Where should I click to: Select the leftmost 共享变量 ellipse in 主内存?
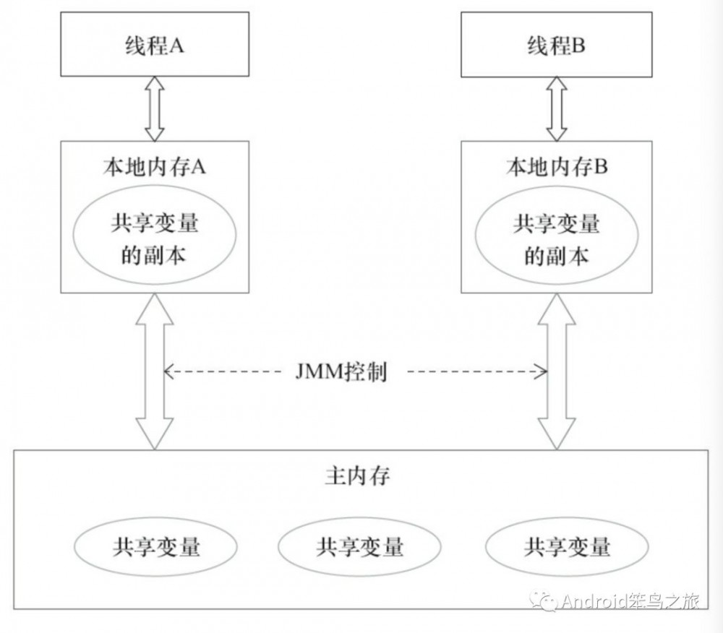(156, 546)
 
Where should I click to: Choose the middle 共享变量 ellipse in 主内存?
(359, 546)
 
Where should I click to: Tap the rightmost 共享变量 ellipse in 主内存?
(567, 546)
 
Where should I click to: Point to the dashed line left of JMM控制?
(224, 373)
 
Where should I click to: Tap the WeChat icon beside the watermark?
(544, 600)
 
